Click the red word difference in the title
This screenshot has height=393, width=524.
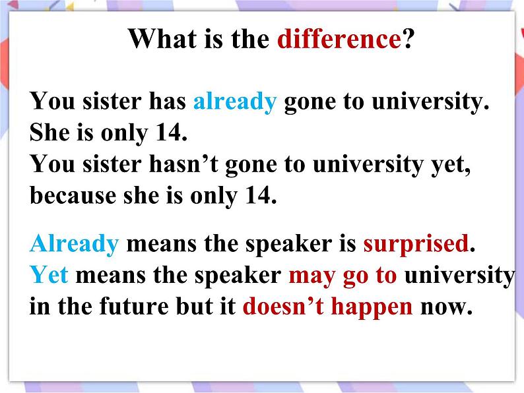(339, 39)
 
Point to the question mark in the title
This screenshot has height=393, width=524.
(408, 39)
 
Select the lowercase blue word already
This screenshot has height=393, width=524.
(235, 102)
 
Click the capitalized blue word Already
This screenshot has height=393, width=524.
(74, 244)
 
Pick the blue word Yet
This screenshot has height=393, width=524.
(49, 275)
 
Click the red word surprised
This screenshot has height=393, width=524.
(416, 245)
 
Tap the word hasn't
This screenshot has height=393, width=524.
(183, 164)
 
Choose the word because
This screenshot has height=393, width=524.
(73, 195)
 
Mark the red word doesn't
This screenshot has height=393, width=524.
(283, 306)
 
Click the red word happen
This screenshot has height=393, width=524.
(372, 307)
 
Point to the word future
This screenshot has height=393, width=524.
(134, 306)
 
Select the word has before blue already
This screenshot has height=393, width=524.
(167, 101)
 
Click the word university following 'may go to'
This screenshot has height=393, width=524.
(460, 276)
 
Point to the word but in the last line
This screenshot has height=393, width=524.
(194, 306)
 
